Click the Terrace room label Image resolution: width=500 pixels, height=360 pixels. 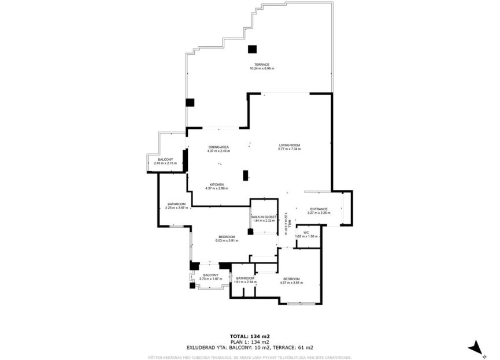pos(261,64)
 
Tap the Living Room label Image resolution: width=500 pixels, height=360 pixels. pos(290,145)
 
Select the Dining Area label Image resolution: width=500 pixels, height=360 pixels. pos(218,147)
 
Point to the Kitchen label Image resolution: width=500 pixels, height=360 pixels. pos(217,185)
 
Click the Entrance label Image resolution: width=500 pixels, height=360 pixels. pos(318,209)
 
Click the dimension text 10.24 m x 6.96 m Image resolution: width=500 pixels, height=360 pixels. pos(261,69)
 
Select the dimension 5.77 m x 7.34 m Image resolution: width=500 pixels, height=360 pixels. pos(290,150)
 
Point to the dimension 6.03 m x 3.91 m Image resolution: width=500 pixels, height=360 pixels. pos(227,240)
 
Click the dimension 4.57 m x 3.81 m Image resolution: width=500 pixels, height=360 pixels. pos(291,282)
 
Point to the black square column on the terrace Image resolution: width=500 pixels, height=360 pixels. pos(253,49)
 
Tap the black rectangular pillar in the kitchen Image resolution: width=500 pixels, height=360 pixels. pos(246,175)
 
